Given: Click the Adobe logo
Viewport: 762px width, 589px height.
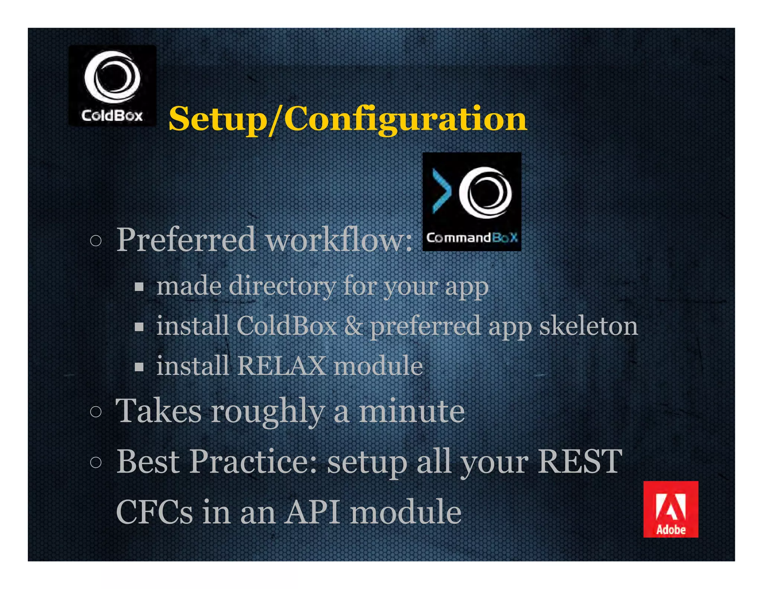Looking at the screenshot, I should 670,509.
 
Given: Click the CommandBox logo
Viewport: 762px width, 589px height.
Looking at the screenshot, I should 471,201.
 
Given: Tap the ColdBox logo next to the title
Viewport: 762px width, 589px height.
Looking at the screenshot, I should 112,86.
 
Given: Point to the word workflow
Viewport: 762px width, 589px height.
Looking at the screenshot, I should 339,240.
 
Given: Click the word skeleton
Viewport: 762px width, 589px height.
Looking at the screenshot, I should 588,326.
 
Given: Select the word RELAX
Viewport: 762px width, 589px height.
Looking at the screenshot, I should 281,366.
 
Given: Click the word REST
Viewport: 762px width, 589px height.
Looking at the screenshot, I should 580,462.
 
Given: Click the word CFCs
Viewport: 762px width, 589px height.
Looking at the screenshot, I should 154,512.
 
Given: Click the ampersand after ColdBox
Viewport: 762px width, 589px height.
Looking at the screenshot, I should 353,326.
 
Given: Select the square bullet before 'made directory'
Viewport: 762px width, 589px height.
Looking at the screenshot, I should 139,287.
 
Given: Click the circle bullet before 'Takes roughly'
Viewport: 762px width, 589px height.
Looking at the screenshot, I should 96,412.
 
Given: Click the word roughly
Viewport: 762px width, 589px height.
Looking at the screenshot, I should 268,412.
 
